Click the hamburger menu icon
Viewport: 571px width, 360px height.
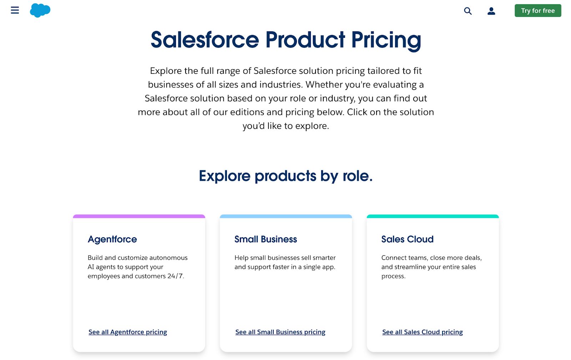pyautogui.click(x=15, y=10)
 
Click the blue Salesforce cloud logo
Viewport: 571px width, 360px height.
pyautogui.click(x=40, y=10)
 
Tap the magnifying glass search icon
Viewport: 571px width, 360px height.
pyautogui.click(x=468, y=11)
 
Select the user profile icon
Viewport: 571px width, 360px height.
pyautogui.click(x=491, y=11)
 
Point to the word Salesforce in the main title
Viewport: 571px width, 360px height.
pyautogui.click(x=204, y=40)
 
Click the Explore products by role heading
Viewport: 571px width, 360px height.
pyautogui.click(x=285, y=176)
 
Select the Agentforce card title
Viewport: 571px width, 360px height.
pyautogui.click(x=112, y=239)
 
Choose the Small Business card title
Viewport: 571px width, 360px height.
pyautogui.click(x=266, y=239)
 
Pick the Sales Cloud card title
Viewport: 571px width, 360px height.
pyautogui.click(x=407, y=239)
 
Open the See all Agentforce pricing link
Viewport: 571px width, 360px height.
pyautogui.click(x=128, y=332)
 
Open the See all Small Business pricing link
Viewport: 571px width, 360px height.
pyautogui.click(x=280, y=332)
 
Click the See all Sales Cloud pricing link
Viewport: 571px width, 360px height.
pyautogui.click(x=422, y=332)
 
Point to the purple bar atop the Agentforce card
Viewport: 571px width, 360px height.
pyautogui.click(x=139, y=216)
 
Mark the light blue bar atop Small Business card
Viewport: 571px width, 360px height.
pyautogui.click(x=286, y=216)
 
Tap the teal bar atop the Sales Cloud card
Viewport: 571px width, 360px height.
pyautogui.click(x=433, y=216)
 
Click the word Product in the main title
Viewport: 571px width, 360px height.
pyautogui.click(x=305, y=40)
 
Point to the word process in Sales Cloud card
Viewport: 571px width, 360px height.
pyautogui.click(x=393, y=276)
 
